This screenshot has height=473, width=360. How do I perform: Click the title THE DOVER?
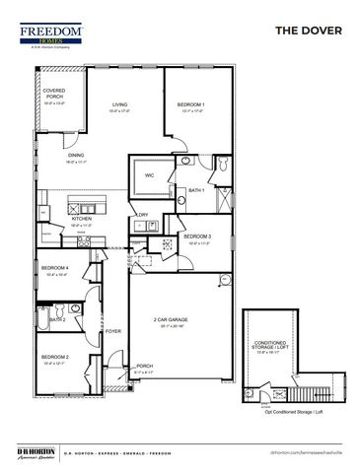click(309, 31)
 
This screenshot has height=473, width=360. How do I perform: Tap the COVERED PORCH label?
click(54, 93)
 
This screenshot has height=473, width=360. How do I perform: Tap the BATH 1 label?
click(195, 189)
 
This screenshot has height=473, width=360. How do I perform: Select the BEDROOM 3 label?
click(198, 236)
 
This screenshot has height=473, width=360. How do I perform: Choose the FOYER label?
click(113, 331)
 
